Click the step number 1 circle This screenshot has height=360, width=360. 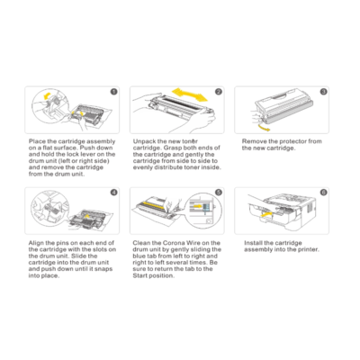point(113,91)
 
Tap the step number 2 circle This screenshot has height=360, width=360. point(219,91)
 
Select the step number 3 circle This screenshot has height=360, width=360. point(323,91)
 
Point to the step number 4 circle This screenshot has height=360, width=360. point(113,193)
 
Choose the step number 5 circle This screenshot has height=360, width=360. point(219,193)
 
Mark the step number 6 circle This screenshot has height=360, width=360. point(323,193)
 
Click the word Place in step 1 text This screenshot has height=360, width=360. point(38,141)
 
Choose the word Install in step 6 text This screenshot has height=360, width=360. point(256,243)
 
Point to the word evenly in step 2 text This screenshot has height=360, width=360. point(144,166)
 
